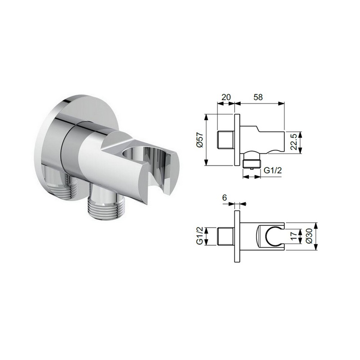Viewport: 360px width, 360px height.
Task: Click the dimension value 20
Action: pyautogui.click(x=226, y=97)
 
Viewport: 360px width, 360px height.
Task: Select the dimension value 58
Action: pyautogui.click(x=258, y=97)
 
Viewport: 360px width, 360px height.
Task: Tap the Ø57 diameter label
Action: pyautogui.click(x=200, y=140)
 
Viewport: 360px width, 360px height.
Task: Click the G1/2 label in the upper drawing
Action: pyautogui.click(x=273, y=171)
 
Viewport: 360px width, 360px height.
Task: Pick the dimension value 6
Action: pyautogui.click(x=225, y=198)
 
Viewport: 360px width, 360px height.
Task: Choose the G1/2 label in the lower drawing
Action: pyautogui.click(x=200, y=236)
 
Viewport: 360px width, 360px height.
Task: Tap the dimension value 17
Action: pyautogui.click(x=294, y=236)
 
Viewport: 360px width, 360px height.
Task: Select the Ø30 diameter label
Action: pyautogui.click(x=309, y=236)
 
